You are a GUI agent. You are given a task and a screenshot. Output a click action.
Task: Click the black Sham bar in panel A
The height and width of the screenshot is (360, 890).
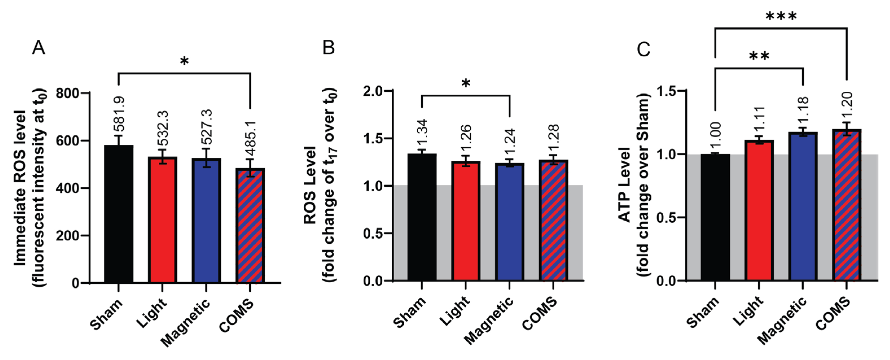pos(119,214)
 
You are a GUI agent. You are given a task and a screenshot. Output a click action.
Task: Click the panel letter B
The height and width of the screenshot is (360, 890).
pos(328,48)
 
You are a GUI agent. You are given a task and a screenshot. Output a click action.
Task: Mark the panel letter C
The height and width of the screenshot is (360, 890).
pos(643,49)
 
